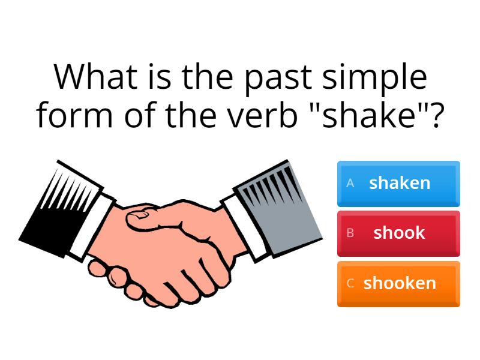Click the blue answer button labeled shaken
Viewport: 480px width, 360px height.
398,183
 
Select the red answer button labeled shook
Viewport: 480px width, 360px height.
398,233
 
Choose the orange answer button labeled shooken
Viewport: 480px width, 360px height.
398,283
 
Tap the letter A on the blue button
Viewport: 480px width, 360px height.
350,184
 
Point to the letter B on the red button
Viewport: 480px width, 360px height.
350,233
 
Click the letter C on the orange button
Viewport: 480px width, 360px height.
350,283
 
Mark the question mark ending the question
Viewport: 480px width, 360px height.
437,115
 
